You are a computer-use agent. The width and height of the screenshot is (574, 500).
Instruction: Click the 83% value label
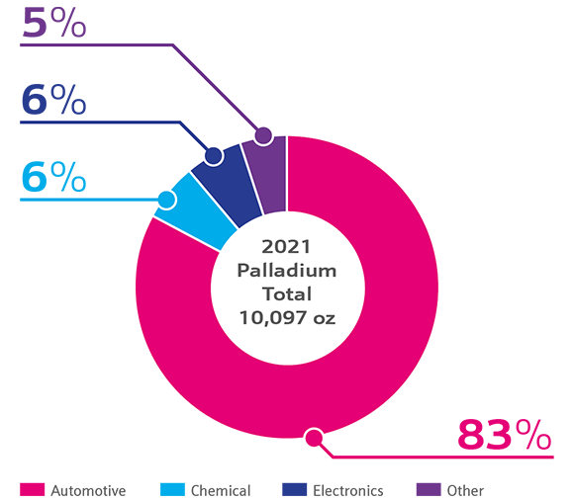click(503, 435)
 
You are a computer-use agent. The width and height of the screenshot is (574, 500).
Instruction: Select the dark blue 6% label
click(53, 101)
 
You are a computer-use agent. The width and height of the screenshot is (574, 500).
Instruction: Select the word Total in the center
click(286, 293)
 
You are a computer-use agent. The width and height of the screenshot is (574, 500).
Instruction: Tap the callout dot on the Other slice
click(262, 136)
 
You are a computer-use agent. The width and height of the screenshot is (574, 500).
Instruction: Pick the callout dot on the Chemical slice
click(166, 200)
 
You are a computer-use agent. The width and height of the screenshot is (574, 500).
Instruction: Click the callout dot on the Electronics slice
click(213, 156)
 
